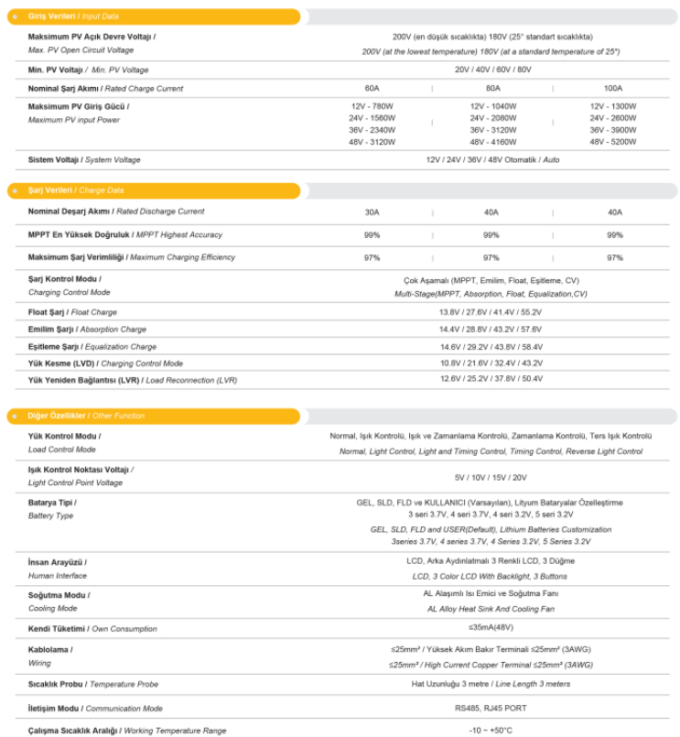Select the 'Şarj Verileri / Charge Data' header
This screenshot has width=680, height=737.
(x=77, y=190)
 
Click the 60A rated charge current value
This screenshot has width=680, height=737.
(x=372, y=89)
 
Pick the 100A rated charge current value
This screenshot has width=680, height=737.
(x=613, y=89)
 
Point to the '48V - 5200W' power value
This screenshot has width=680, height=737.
(x=613, y=142)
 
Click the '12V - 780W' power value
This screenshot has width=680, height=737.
(x=372, y=106)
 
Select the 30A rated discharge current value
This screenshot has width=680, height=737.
(x=372, y=212)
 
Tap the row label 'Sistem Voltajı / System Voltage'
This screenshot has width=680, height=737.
(x=84, y=159)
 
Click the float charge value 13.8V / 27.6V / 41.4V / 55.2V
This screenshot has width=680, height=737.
(x=491, y=312)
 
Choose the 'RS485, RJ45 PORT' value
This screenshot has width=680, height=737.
(x=491, y=708)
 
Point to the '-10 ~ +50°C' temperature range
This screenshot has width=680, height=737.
(x=491, y=730)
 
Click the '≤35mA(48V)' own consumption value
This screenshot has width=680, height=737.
(x=491, y=628)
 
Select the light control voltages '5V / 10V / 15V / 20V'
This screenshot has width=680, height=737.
(x=491, y=477)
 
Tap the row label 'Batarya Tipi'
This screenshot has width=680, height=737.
(x=52, y=503)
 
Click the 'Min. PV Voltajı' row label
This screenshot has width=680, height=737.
(x=88, y=70)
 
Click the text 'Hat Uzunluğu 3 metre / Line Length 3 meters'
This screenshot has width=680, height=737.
(x=491, y=684)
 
